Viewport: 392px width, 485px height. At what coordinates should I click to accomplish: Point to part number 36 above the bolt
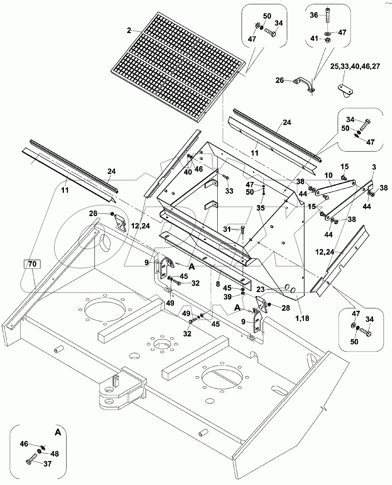[x=314, y=15]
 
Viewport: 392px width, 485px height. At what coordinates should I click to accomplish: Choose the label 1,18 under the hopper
[x=302, y=318]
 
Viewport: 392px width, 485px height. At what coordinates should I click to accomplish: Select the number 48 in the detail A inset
[x=54, y=454]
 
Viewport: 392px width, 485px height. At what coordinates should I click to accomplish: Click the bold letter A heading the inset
[x=57, y=432]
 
